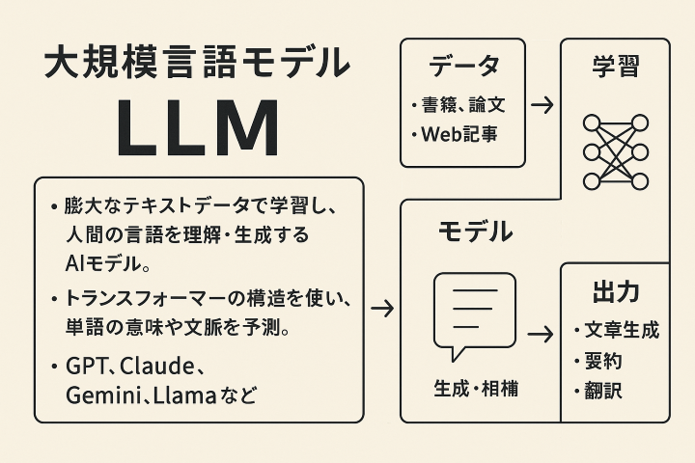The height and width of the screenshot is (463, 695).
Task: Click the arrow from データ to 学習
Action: (543, 104)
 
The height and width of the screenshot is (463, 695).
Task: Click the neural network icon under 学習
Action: (615, 150)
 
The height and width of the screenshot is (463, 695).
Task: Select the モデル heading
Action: (475, 231)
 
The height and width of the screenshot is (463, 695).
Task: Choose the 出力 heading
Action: (615, 292)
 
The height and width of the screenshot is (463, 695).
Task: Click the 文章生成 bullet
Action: (621, 330)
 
